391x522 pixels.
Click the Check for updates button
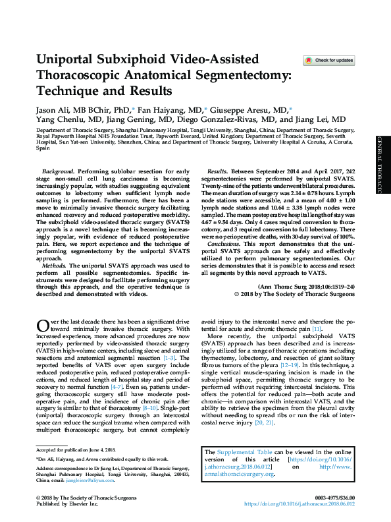coord(328,61)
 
